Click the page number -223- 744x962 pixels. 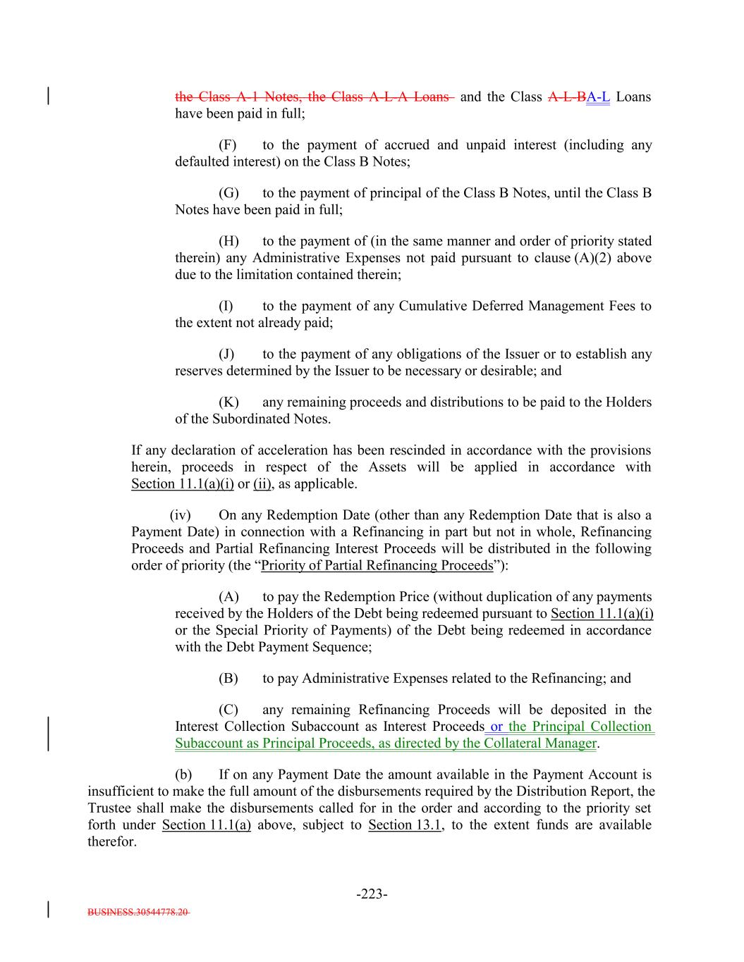coord(372,894)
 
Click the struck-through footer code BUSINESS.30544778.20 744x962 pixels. coord(138,912)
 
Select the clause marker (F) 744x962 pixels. coord(227,145)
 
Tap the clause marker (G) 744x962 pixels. coord(228,193)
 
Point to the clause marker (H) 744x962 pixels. coord(228,241)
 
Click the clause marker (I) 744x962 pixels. coord(226,306)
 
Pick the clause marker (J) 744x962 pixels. coord(226,354)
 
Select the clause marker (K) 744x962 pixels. coord(228,402)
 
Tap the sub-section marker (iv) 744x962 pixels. coord(181,515)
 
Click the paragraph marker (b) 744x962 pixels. coord(183,775)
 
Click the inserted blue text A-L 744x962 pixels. coord(598,97)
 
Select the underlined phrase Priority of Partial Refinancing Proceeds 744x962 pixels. coord(377,566)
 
